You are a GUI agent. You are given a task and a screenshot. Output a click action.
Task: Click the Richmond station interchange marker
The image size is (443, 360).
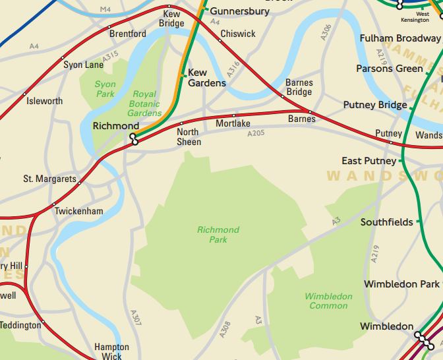[x=134, y=138]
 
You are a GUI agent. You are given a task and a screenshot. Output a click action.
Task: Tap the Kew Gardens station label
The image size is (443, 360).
[x=206, y=78]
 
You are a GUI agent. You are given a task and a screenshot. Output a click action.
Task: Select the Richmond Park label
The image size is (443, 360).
[x=218, y=235]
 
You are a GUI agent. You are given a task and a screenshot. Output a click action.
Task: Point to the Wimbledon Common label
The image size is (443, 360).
[x=328, y=301]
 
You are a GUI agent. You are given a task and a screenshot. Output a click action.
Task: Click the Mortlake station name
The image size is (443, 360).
[x=233, y=124]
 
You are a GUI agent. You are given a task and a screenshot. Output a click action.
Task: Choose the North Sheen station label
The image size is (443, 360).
[x=189, y=137]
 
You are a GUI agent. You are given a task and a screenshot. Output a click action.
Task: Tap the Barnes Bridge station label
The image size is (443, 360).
[x=299, y=88]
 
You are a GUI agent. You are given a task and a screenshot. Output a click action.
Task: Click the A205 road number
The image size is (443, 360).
[x=255, y=134]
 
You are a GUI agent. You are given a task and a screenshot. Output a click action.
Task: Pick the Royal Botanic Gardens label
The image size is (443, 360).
[x=144, y=104]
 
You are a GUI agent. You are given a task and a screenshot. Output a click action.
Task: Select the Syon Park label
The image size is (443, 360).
[x=105, y=89]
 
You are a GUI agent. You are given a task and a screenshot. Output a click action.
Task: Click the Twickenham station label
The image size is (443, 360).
[x=78, y=211]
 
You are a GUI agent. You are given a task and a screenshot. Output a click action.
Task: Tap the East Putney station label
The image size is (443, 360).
[x=369, y=161]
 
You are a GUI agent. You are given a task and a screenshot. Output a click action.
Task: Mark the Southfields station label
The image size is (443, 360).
[x=386, y=222]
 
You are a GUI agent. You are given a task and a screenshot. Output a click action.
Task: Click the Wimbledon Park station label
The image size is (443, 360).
[x=401, y=284]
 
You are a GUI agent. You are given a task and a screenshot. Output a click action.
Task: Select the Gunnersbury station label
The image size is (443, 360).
[x=239, y=11]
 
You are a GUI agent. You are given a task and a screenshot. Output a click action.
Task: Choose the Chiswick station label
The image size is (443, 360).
[x=237, y=34]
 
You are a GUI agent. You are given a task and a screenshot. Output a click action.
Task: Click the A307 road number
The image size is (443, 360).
[x=136, y=318]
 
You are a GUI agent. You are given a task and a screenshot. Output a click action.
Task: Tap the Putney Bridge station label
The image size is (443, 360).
[x=374, y=105]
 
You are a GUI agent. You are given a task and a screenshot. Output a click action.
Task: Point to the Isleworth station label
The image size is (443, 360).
[x=44, y=101]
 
